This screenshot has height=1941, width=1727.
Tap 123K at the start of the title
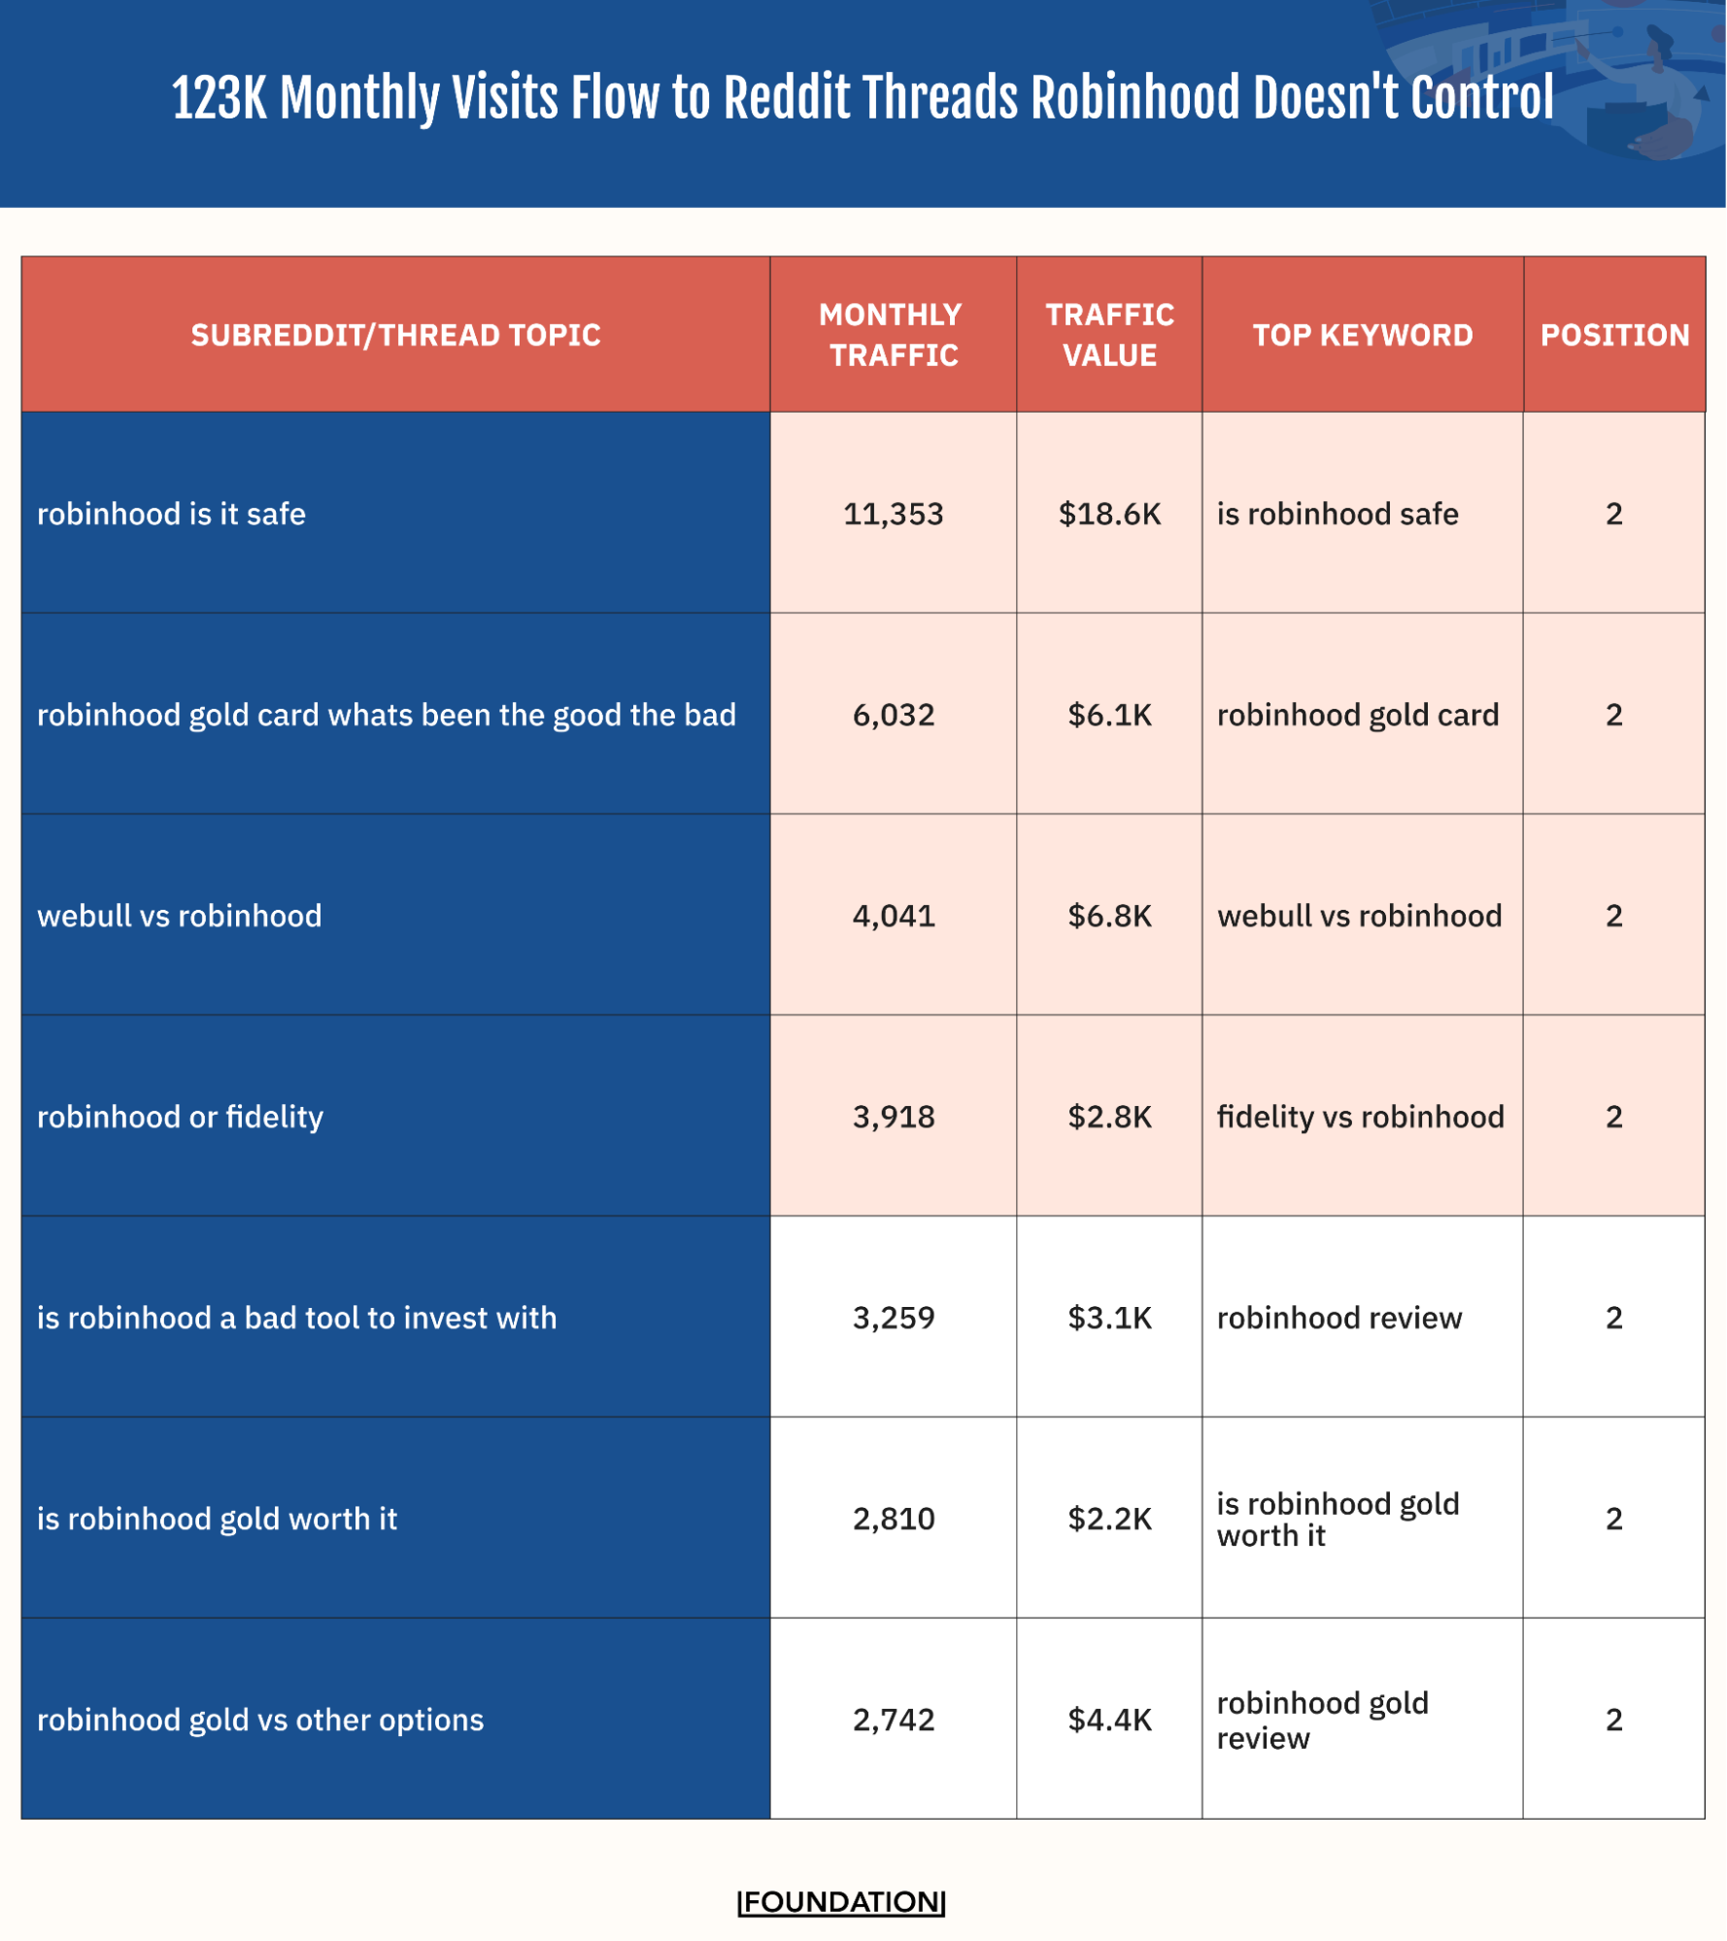(x=219, y=98)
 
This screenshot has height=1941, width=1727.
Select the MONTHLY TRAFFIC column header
(x=892, y=335)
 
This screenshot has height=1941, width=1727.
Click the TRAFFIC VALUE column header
(x=1109, y=335)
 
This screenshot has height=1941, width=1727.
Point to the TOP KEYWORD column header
(x=1362, y=335)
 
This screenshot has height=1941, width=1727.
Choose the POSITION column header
(x=1614, y=335)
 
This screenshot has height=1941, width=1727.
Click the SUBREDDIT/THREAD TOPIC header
(x=395, y=335)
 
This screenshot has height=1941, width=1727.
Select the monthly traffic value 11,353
(x=893, y=514)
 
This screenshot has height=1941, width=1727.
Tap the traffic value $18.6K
(x=1109, y=514)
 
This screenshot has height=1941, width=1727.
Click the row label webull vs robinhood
(x=180, y=916)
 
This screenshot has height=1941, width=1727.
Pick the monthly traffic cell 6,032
(x=893, y=715)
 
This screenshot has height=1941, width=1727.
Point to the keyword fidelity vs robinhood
(x=1360, y=1117)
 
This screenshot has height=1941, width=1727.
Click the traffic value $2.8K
(x=1109, y=1117)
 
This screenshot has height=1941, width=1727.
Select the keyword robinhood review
(x=1338, y=1318)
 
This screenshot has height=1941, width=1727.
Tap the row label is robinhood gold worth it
(x=218, y=1519)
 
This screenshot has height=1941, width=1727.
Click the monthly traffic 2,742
(x=893, y=1720)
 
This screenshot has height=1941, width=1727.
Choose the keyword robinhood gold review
(x=1321, y=1720)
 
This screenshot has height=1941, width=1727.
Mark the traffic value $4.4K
(x=1109, y=1720)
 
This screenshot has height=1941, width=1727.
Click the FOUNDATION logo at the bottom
(x=841, y=1900)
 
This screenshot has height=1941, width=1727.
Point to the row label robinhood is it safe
(x=171, y=514)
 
